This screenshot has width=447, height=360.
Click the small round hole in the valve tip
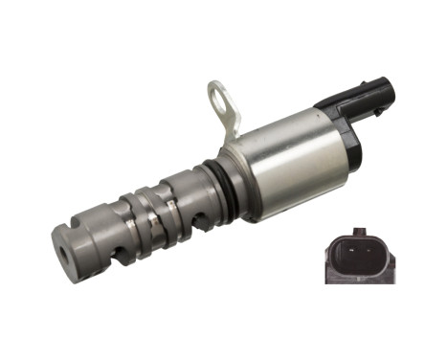(63, 256)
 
